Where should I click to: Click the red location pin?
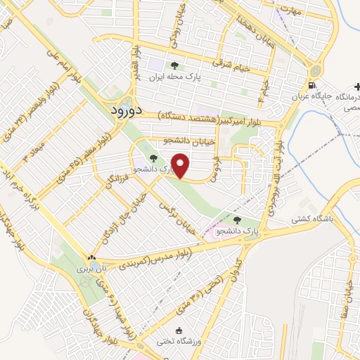(182, 166)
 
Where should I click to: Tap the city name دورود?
(128, 110)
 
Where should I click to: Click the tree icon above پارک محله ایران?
(174, 65)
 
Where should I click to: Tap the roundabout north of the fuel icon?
(313, 70)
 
